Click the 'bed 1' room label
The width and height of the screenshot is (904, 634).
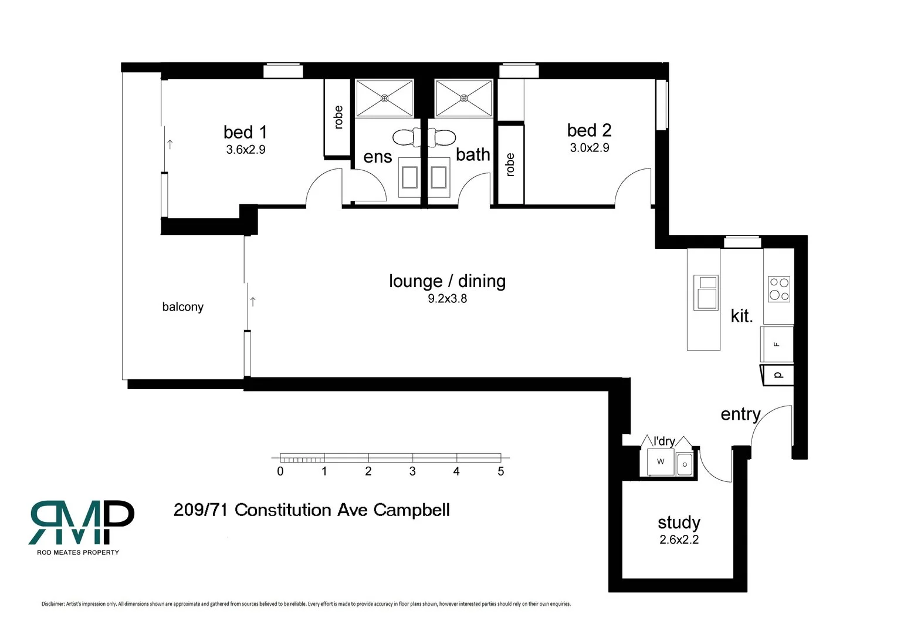[x=245, y=132]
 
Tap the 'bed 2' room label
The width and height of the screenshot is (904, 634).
[x=589, y=130]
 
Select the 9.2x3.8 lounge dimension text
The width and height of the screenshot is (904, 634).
[x=447, y=299]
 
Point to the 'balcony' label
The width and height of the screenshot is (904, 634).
[x=182, y=307]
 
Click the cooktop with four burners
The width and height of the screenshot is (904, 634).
[x=778, y=289]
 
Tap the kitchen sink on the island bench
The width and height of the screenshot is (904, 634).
[x=706, y=292]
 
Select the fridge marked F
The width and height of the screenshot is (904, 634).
[x=777, y=344]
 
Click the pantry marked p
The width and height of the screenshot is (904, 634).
[x=778, y=375]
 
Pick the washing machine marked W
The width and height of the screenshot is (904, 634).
[x=661, y=461]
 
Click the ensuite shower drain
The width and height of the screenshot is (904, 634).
[x=385, y=98]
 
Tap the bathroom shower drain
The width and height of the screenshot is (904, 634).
[x=464, y=98]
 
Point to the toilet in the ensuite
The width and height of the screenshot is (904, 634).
[x=406, y=138]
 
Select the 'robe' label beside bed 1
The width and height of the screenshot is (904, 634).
[x=338, y=117]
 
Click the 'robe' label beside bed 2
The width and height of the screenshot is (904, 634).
[x=510, y=165]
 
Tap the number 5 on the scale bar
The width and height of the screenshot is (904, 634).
[x=500, y=471]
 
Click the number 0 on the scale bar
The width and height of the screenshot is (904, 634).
[x=280, y=471]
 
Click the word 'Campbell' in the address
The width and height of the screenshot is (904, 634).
[x=411, y=510]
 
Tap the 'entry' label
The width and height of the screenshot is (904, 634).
[x=740, y=414]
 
